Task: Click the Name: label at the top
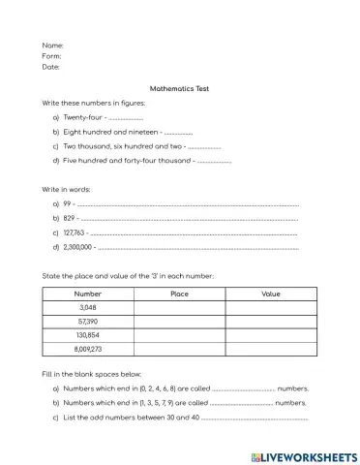point(53,46)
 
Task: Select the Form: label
point(52,56)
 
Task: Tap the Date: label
point(51,67)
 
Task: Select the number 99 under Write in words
point(68,204)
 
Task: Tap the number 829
point(70,219)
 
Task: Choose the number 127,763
point(75,232)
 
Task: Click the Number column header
point(88,293)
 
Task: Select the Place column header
point(179,293)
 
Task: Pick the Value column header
point(271,293)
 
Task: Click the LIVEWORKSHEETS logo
point(302,454)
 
